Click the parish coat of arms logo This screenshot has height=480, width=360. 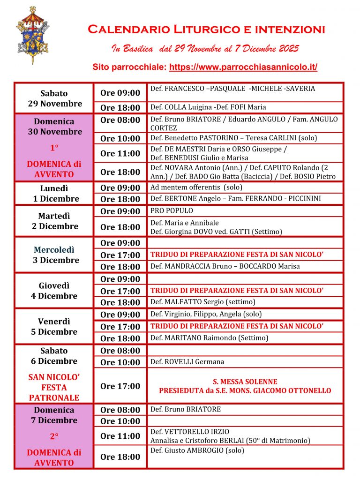tap(33, 35)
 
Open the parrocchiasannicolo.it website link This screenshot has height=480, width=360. tap(243, 67)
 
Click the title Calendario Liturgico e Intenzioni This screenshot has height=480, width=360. tap(206, 30)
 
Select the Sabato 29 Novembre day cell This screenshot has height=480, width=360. tap(54, 98)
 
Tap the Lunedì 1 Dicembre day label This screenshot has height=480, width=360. tap(54, 193)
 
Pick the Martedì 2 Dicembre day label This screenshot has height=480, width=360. tap(54, 221)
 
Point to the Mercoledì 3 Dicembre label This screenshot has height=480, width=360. tap(54, 255)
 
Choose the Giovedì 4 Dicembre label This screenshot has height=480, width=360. tap(54, 291)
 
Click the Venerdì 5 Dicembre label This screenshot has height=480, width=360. tap(54, 326)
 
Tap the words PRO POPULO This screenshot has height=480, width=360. tap(172, 211)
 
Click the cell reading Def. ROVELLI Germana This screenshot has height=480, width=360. tap(187, 362)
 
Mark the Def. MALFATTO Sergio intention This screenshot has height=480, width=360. tap(202, 302)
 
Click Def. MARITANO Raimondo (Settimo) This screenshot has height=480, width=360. tap(209, 338)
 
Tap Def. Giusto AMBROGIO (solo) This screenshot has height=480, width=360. tap(197, 451)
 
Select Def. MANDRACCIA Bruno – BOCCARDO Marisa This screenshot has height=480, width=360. tap(225, 266)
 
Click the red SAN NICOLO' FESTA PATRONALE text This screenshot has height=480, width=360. tap(54, 387)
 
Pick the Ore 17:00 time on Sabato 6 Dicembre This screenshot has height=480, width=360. tap(120, 386)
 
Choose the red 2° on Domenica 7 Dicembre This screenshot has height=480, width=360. tap(54, 436)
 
